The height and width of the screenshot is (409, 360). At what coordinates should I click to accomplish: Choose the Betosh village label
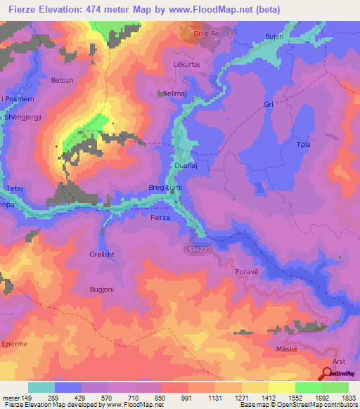(62, 81)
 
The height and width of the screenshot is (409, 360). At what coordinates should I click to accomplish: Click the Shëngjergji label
(23, 118)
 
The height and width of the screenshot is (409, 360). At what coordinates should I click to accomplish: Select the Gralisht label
(102, 257)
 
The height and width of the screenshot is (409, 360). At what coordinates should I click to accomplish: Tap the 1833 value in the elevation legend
(349, 397)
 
